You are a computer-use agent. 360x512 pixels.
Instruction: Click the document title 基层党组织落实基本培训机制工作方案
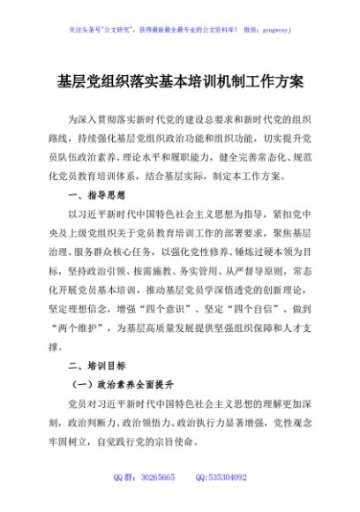[x=180, y=80]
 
